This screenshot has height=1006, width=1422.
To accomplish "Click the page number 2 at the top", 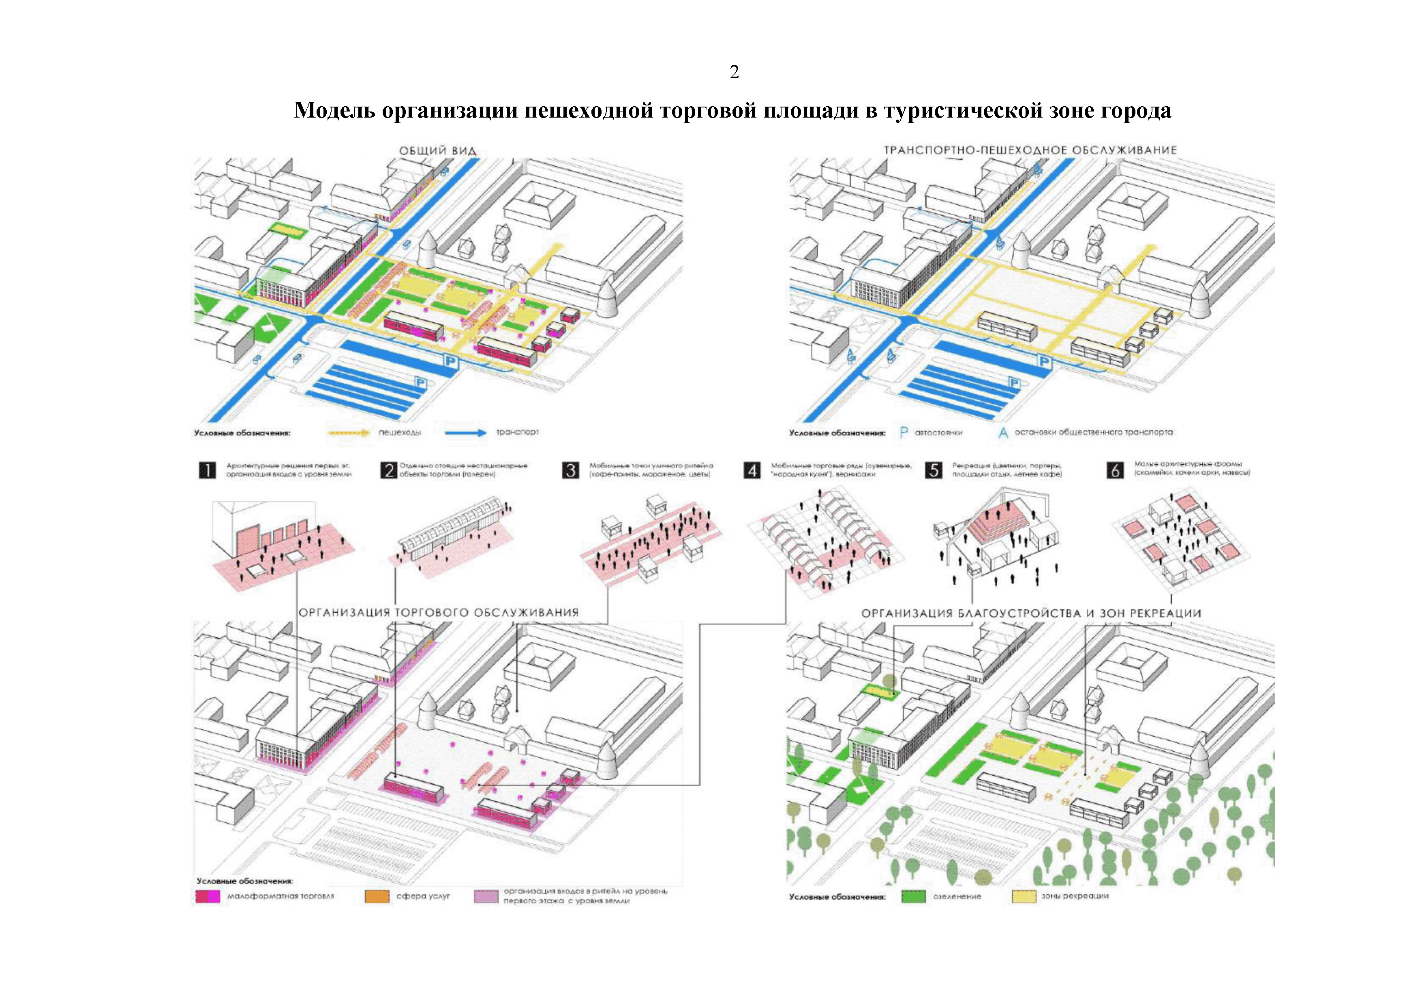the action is pos(734,73).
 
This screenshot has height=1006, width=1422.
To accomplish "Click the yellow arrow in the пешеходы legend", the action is pos(349,432).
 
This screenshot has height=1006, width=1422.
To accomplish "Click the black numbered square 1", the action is pos(207,470).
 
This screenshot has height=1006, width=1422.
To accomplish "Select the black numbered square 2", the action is pos(388,470).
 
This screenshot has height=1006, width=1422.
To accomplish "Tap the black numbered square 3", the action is pos(570,470).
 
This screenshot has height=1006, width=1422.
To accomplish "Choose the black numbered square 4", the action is pos(751,470).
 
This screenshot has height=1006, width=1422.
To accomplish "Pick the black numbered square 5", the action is pos(933,470).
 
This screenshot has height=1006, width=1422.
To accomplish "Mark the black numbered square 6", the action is pos(1115,470).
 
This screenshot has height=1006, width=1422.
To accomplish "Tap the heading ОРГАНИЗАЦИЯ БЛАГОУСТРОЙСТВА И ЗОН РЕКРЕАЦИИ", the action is pos(1031,613).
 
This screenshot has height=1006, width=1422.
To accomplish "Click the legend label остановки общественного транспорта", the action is pos(1093,432).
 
